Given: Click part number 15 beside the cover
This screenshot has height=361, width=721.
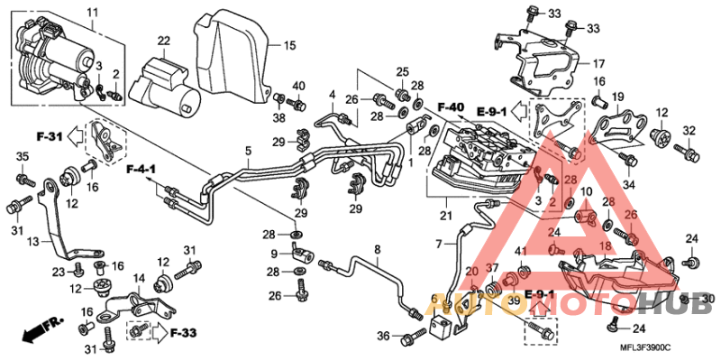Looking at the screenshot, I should tap(289, 45).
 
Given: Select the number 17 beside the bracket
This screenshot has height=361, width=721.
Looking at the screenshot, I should tap(598, 64).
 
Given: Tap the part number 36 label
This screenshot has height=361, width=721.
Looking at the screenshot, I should tap(382, 337).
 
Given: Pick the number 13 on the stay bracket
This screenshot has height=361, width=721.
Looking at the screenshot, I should tap(33, 242).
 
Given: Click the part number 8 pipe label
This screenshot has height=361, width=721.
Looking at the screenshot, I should tap(378, 248).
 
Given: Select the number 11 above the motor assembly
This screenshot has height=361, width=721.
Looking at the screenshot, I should tap(92, 11).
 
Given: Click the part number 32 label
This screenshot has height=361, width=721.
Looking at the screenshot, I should tap(690, 131).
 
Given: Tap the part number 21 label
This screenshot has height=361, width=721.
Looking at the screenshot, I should tap(443, 216).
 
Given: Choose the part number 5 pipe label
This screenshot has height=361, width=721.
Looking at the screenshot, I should tap(247, 150).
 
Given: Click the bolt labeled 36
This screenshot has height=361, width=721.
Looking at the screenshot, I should tap(414, 337).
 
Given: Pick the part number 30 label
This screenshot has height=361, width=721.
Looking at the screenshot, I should tap(708, 299).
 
